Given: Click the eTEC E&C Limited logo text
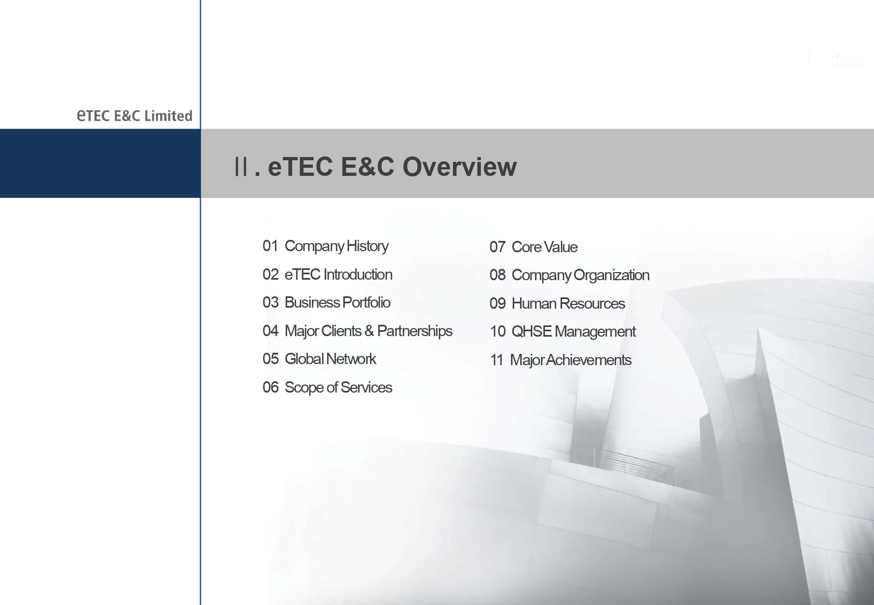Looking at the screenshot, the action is [134, 116].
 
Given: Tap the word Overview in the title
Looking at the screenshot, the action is [459, 167].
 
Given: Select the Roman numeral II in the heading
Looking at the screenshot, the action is [241, 167].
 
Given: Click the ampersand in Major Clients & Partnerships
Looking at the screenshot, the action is [369, 331].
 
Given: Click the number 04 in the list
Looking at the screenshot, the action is [271, 331].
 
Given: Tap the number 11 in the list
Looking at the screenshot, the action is [496, 360].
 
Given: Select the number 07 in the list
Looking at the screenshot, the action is [498, 247].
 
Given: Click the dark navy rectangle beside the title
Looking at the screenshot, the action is [100, 163].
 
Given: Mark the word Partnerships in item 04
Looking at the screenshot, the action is [415, 332].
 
